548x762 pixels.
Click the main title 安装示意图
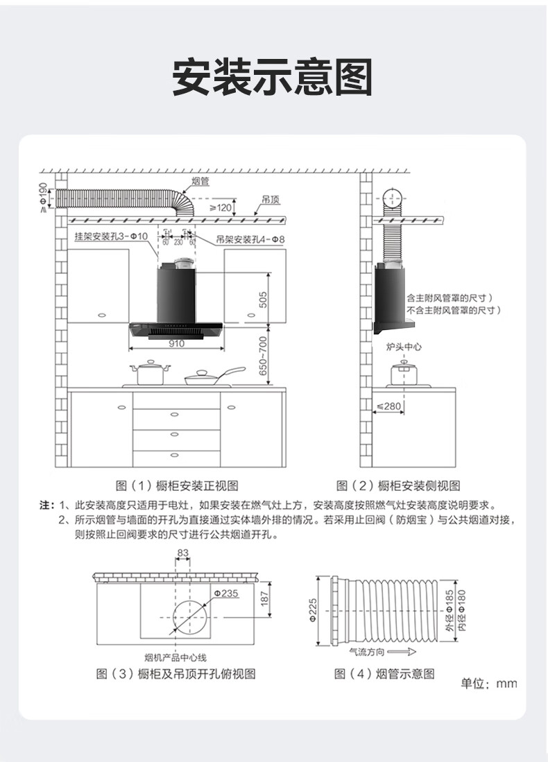[x=273, y=77]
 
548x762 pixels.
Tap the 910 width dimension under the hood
[x=177, y=343]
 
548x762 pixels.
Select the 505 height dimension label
[x=263, y=299]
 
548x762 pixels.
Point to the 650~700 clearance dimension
[x=263, y=356]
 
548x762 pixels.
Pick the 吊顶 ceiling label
[x=271, y=200]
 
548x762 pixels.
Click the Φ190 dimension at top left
[x=43, y=196]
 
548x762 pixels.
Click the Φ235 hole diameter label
[x=225, y=594]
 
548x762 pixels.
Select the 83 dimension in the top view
[x=183, y=553]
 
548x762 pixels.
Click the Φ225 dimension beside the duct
[x=314, y=610]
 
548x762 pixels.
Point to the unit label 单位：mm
[x=489, y=684]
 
